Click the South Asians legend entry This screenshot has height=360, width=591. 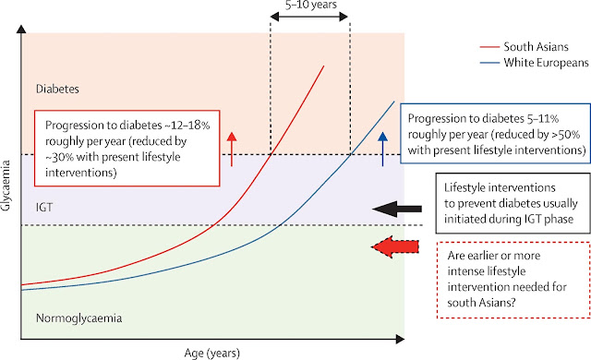click(x=524, y=47)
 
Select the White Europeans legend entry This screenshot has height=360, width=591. click(x=534, y=63)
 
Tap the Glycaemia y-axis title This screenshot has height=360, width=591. click(x=6, y=186)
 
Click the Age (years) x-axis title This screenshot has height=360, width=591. click(x=212, y=354)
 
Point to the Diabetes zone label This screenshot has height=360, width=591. click(x=57, y=89)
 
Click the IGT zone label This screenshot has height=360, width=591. click(x=44, y=207)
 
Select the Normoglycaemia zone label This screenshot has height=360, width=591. click(x=79, y=318)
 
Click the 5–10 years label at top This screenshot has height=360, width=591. click(x=311, y=5)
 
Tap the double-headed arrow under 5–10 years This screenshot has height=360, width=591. click(x=309, y=17)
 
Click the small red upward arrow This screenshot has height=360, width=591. click(x=232, y=150)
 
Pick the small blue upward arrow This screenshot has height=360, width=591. click(x=382, y=150)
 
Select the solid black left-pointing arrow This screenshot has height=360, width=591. click(x=397, y=209)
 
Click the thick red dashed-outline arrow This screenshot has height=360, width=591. click(x=395, y=247)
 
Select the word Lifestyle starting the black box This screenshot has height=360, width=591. click(x=464, y=188)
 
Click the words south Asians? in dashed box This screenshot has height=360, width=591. click(x=481, y=303)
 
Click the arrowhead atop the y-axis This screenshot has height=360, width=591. click(x=21, y=29)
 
